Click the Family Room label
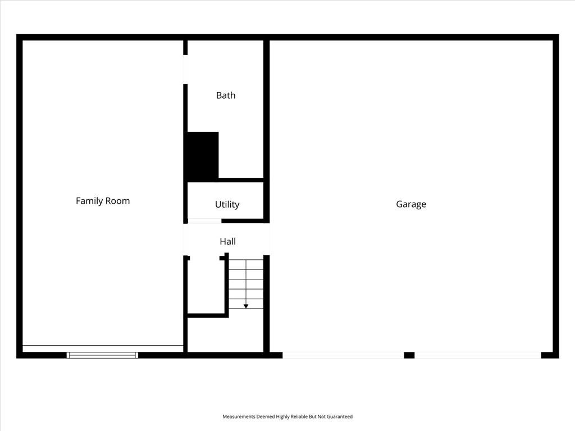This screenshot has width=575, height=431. (x=103, y=201)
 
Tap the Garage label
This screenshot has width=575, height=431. (x=411, y=204)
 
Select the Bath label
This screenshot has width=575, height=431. (x=226, y=95)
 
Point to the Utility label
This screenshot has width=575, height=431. (x=227, y=204)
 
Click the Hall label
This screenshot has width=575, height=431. (x=227, y=241)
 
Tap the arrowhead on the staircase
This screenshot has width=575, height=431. (x=246, y=306)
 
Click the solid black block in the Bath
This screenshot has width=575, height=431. (x=202, y=155)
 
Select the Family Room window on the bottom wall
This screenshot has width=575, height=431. (x=102, y=355)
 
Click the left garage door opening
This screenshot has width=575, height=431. (x=343, y=355)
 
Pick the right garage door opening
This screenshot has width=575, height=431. (x=477, y=355)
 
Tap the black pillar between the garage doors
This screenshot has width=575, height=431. (x=409, y=355)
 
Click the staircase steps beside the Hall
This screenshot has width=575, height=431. (x=246, y=283)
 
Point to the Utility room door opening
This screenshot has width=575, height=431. (x=204, y=221)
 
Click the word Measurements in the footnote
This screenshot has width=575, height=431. (x=239, y=416)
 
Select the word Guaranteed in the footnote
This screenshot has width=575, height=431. (x=339, y=416)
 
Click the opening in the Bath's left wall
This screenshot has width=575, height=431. (x=185, y=70)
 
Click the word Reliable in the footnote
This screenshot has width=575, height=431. (x=294, y=416)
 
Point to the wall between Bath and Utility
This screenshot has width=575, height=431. (x=240, y=180)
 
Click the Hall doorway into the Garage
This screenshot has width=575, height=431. (x=267, y=239)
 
